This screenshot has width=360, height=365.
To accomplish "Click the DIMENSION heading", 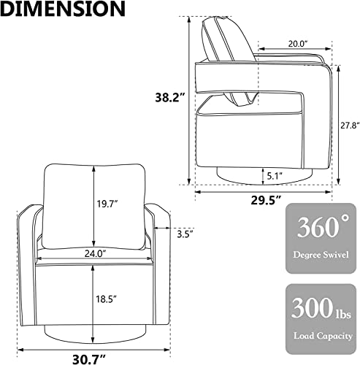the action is [63, 9].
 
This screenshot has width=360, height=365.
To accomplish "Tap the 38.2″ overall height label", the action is [171, 98].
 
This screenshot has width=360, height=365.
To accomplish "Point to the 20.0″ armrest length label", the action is [298, 44].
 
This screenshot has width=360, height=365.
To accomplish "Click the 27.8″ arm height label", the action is [350, 126].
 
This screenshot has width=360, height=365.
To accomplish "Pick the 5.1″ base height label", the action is [275, 176].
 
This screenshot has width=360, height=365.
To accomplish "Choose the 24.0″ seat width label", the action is [96, 253].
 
